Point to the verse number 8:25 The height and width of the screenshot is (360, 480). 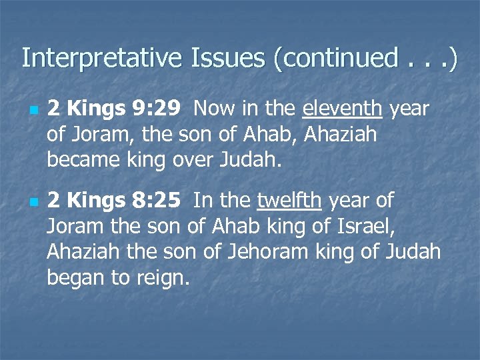156,200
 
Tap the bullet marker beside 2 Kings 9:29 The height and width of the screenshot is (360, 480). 32,109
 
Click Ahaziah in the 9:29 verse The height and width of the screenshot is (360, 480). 339,134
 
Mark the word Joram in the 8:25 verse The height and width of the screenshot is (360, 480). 72,226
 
